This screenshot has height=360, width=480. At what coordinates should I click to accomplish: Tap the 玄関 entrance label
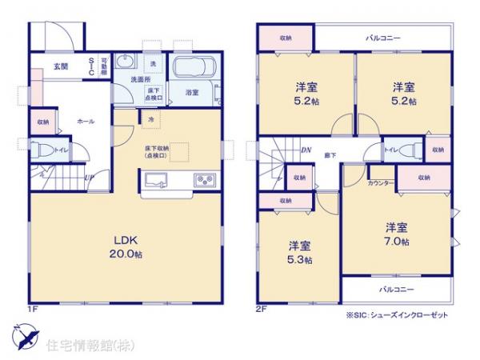(62, 66)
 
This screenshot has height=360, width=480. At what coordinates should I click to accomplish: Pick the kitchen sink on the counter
(158, 178)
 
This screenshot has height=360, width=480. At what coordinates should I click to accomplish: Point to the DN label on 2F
(306, 149)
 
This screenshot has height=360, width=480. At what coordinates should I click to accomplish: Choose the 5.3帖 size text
(301, 260)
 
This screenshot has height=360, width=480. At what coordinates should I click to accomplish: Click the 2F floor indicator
(261, 306)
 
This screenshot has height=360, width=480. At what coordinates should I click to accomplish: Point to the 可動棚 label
(104, 65)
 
